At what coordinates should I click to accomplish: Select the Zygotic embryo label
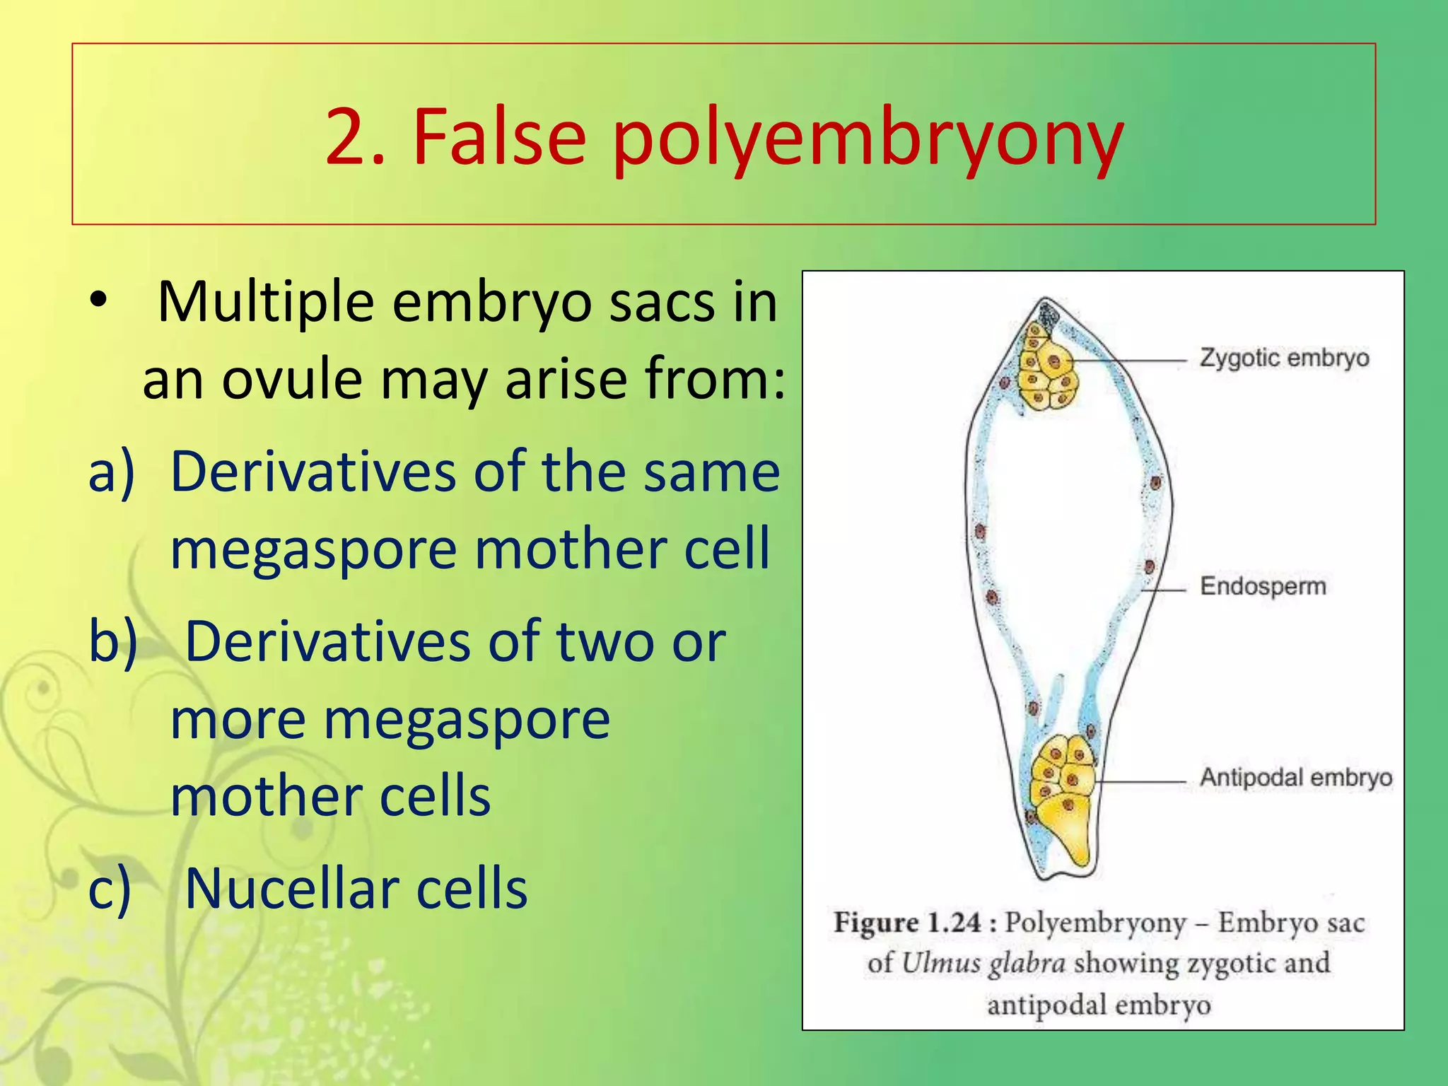(1284, 358)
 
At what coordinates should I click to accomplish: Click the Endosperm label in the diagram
(1263, 586)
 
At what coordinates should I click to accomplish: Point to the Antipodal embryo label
(1295, 778)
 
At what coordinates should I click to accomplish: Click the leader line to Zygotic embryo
(1131, 361)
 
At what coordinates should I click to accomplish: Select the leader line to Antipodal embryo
(1140, 781)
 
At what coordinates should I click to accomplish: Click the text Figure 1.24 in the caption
(906, 923)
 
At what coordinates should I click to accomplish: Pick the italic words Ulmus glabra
(983, 964)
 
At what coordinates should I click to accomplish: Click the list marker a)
(111, 472)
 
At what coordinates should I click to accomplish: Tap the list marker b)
(112, 641)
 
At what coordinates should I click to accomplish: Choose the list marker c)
(110, 889)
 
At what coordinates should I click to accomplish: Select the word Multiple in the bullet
(265, 303)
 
